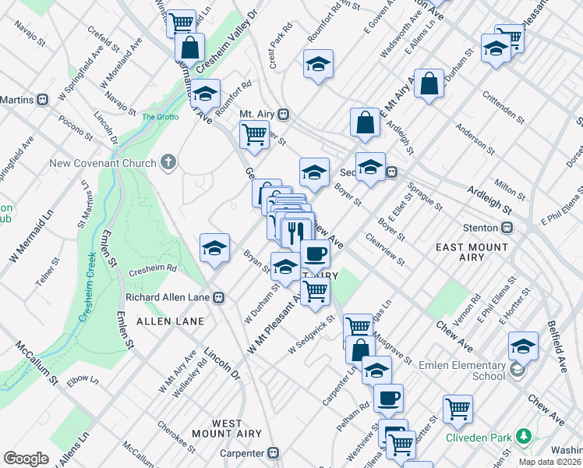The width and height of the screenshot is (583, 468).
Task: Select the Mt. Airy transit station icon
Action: click(284, 114)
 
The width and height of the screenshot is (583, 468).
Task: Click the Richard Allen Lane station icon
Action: click(220, 297)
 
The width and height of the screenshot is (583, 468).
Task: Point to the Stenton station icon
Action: click(507, 228)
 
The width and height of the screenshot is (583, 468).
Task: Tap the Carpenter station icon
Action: click(273, 452)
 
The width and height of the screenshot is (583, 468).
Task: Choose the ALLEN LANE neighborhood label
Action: click(170, 321)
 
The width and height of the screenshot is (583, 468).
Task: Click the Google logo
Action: click(26, 459)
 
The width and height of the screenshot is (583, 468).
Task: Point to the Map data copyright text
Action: click(549, 462)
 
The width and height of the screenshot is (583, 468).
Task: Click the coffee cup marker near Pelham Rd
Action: click(387, 398)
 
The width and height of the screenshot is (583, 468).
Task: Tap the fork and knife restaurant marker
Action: click(295, 229)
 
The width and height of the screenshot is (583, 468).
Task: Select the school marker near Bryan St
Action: click(214, 248)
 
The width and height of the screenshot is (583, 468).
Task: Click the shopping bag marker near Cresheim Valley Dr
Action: click(189, 47)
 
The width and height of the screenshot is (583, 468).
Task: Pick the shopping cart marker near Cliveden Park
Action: click(458, 408)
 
